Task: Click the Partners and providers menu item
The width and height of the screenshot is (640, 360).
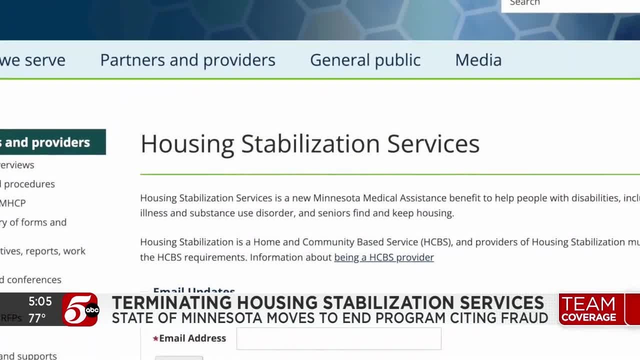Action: point(187,60)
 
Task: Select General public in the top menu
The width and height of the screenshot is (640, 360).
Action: point(365,60)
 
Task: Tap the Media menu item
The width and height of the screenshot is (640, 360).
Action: point(478,60)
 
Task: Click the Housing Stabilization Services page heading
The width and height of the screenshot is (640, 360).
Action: point(309,143)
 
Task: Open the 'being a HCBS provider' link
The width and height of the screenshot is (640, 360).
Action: point(383,257)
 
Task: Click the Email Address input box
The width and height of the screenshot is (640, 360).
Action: point(338,338)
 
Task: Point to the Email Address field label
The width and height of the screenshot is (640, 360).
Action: point(192,338)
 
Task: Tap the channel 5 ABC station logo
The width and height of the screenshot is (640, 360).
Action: point(80,310)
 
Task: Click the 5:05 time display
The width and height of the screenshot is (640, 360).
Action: point(40,301)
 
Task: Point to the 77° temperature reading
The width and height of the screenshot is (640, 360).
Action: point(37,318)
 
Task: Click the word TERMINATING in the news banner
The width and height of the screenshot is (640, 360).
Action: point(171,303)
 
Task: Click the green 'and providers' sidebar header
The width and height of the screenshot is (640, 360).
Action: point(47,142)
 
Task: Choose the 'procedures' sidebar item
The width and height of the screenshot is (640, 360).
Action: point(29,184)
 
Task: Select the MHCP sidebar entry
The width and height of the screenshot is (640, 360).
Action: point(13,203)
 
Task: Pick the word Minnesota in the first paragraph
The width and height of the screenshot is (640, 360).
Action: point(338,198)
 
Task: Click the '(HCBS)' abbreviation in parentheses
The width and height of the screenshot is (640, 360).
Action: point(436,242)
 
